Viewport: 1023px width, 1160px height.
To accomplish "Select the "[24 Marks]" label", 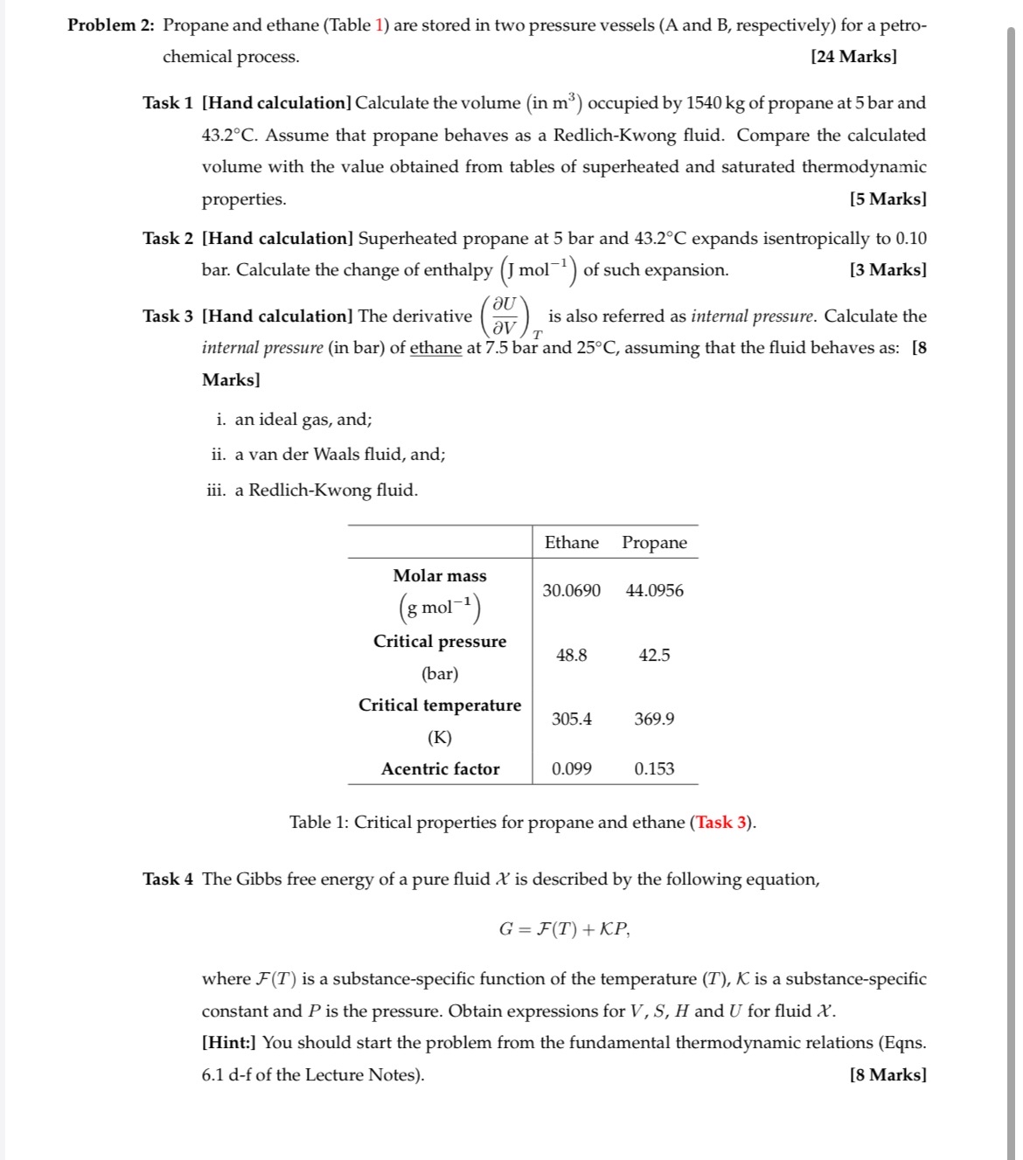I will [x=852, y=57].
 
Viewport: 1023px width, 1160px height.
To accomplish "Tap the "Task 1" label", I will [x=168, y=103].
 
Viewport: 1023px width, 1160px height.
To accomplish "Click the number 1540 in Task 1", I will [x=703, y=103].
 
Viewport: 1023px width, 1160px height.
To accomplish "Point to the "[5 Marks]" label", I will [x=887, y=199].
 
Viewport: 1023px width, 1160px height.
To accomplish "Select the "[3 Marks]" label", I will [x=887, y=270].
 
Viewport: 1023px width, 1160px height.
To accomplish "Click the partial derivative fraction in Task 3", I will [x=505, y=316].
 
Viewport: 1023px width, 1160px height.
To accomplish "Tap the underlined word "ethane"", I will [x=435, y=348].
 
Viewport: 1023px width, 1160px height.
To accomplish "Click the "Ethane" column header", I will [x=571, y=543].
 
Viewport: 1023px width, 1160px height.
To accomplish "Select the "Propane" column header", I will [x=654, y=543].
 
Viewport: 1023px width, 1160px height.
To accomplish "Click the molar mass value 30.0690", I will [x=571, y=591].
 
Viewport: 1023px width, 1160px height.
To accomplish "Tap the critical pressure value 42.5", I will [x=654, y=656].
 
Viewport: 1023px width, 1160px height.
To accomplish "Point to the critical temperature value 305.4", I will [x=571, y=719].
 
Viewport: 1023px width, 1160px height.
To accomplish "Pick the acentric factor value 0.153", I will [x=654, y=769].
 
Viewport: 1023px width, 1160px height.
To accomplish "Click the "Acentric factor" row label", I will [x=440, y=769].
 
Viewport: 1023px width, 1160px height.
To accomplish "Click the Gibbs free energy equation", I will [x=564, y=929].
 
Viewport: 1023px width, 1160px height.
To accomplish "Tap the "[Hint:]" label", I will [x=229, y=1043].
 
